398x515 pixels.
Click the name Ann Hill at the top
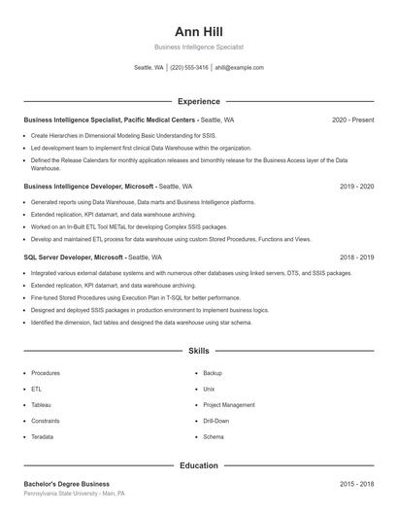[198, 31]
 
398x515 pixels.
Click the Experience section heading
[198, 101]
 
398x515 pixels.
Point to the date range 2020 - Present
[352, 120]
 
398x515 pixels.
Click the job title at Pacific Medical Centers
[110, 120]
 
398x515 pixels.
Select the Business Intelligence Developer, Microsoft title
[88, 185]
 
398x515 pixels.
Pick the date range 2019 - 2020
[357, 185]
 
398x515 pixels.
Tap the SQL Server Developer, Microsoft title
[74, 257]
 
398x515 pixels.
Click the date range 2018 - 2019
[357, 257]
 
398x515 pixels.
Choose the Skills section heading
[198, 350]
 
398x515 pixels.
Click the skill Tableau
[41, 404]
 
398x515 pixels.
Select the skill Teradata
[43, 436]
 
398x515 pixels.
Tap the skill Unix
[210, 389]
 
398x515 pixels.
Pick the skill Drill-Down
[216, 421]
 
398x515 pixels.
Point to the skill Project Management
[228, 404]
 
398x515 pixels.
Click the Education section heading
[198, 465]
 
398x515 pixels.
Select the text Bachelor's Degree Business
[66, 483]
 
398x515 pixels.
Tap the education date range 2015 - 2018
[357, 483]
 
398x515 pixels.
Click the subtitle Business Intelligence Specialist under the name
[198, 47]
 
